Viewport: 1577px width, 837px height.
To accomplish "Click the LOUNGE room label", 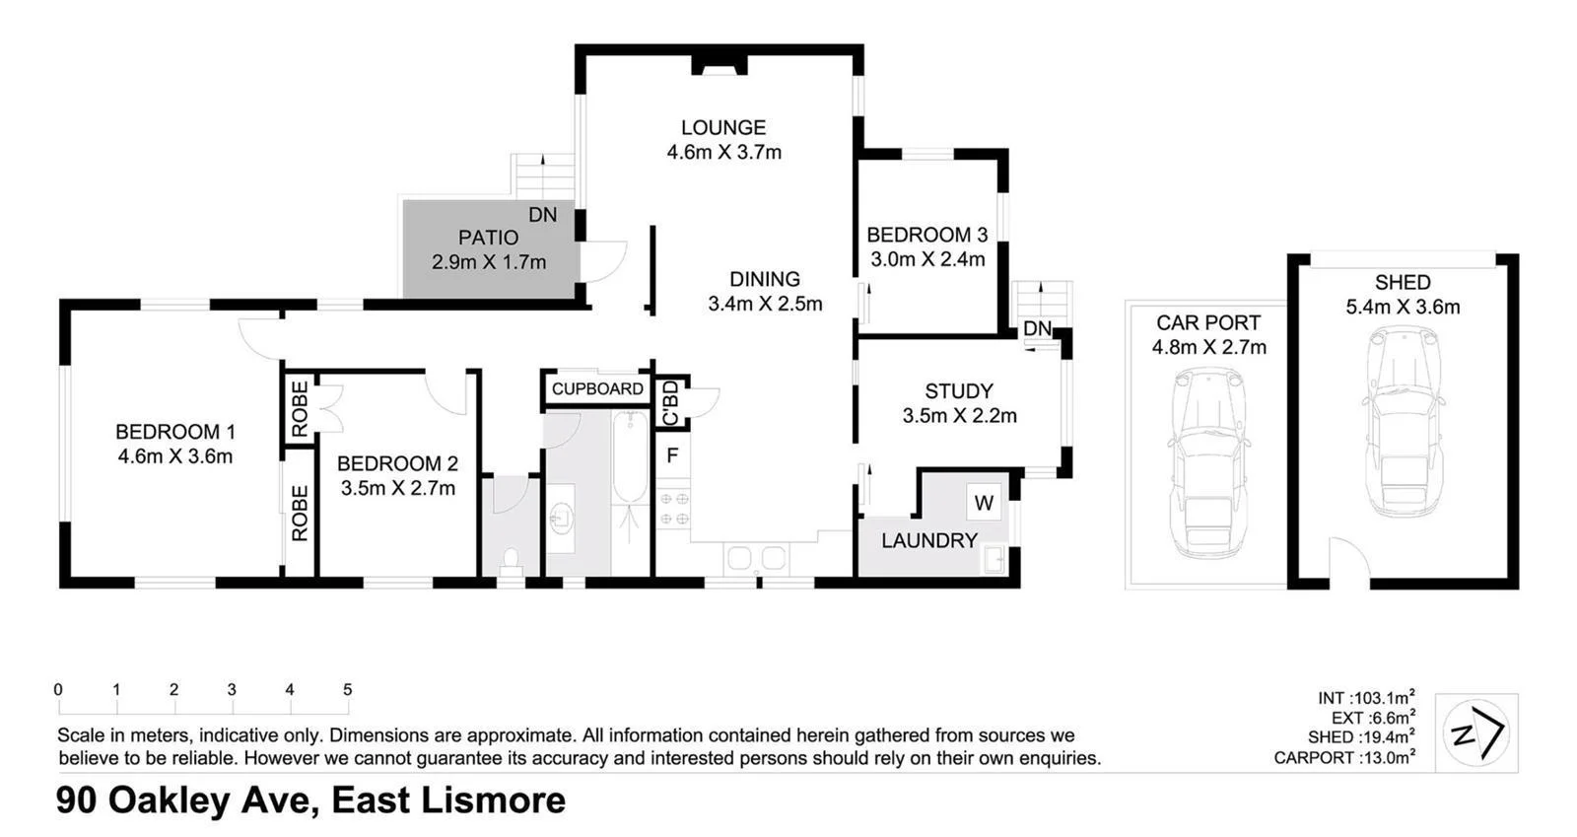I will (x=722, y=127).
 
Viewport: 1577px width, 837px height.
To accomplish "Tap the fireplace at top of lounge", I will (x=718, y=66).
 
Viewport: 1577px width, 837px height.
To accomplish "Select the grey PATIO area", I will (x=489, y=249).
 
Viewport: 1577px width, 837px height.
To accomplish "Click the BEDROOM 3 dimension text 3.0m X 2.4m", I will (x=926, y=259).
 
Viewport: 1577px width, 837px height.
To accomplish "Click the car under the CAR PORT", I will (x=1207, y=463).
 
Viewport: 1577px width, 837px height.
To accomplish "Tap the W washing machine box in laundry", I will (x=984, y=503).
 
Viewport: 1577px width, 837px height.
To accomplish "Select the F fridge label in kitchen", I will (x=672, y=455).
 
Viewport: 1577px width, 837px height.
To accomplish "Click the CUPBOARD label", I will (x=597, y=388).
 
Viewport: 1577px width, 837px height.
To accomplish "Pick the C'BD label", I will (x=671, y=403).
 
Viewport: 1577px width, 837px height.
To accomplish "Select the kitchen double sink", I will (x=756, y=559).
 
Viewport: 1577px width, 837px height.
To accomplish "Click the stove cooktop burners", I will (x=673, y=509).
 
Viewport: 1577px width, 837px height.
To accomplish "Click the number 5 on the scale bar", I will (x=347, y=690).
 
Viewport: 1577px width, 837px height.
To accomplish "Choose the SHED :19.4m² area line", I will (x=1361, y=737).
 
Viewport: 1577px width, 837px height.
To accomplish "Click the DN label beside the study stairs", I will (x=1037, y=328).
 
